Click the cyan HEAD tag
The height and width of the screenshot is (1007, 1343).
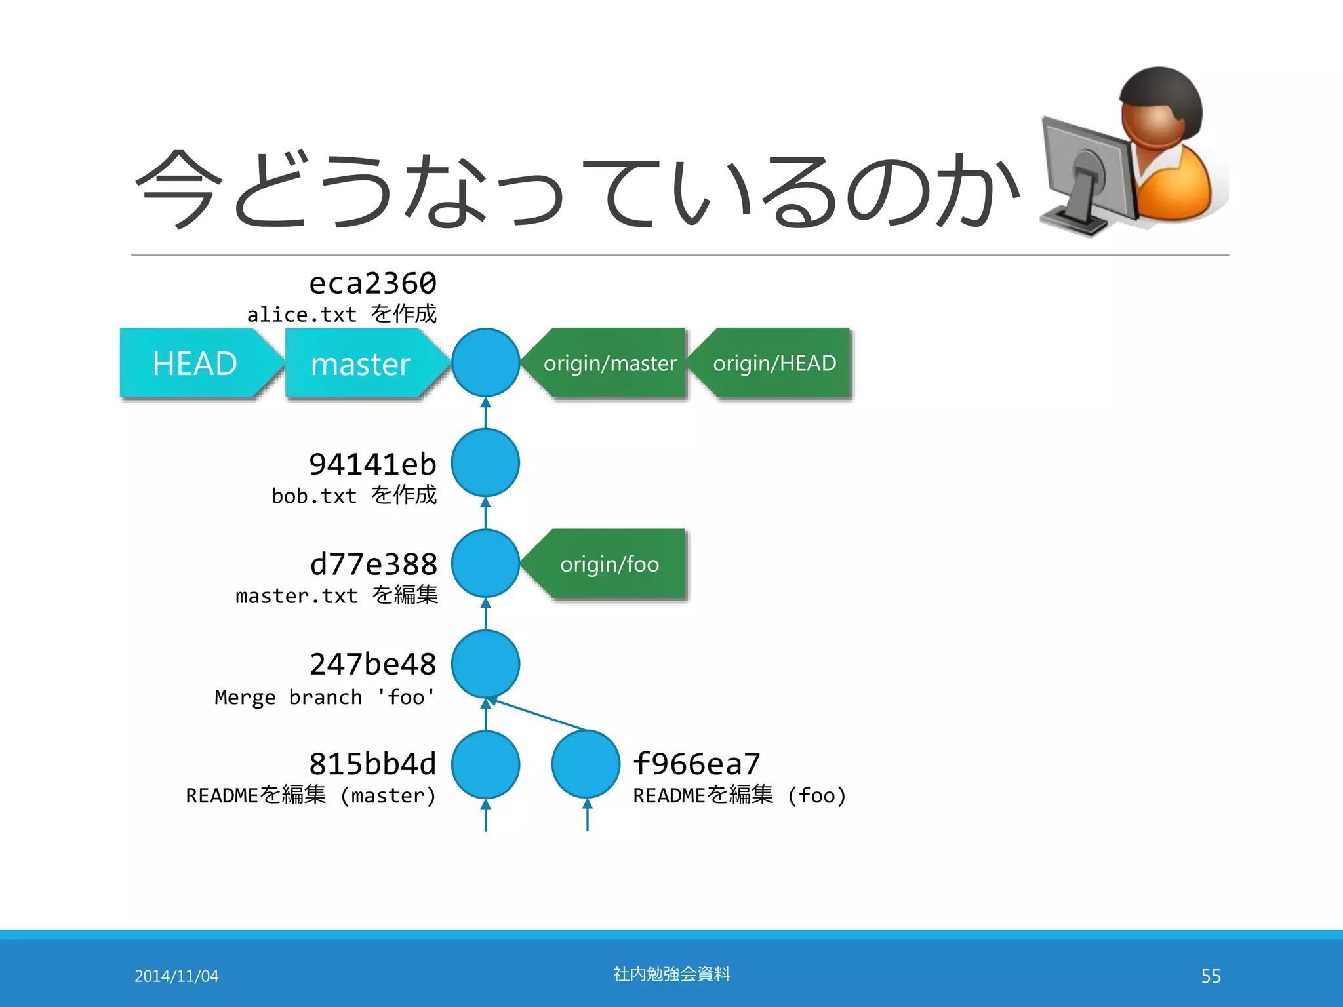[195, 363]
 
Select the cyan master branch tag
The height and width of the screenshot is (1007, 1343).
[361, 363]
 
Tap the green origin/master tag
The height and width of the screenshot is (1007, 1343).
[610, 363]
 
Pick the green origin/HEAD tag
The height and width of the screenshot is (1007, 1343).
[774, 363]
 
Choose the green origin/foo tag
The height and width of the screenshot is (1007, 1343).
[610, 564]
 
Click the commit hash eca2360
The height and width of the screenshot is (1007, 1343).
[372, 283]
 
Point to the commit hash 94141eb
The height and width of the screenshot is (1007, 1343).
[372, 464]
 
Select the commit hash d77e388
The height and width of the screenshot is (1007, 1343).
[373, 564]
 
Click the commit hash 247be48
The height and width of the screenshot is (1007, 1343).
[372, 664]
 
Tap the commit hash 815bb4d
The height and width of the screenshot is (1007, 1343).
[372, 764]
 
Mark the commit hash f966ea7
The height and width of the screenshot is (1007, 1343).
[696, 764]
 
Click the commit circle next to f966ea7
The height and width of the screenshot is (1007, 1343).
[586, 764]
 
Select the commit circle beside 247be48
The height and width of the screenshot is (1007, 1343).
[485, 664]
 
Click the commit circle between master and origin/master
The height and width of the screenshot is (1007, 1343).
[485, 363]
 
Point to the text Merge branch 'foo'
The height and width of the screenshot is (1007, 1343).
[325, 697]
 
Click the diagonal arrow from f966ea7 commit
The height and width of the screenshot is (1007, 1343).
[538, 715]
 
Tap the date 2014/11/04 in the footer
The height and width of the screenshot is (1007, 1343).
[176, 976]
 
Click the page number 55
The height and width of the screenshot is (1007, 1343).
[1211, 976]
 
